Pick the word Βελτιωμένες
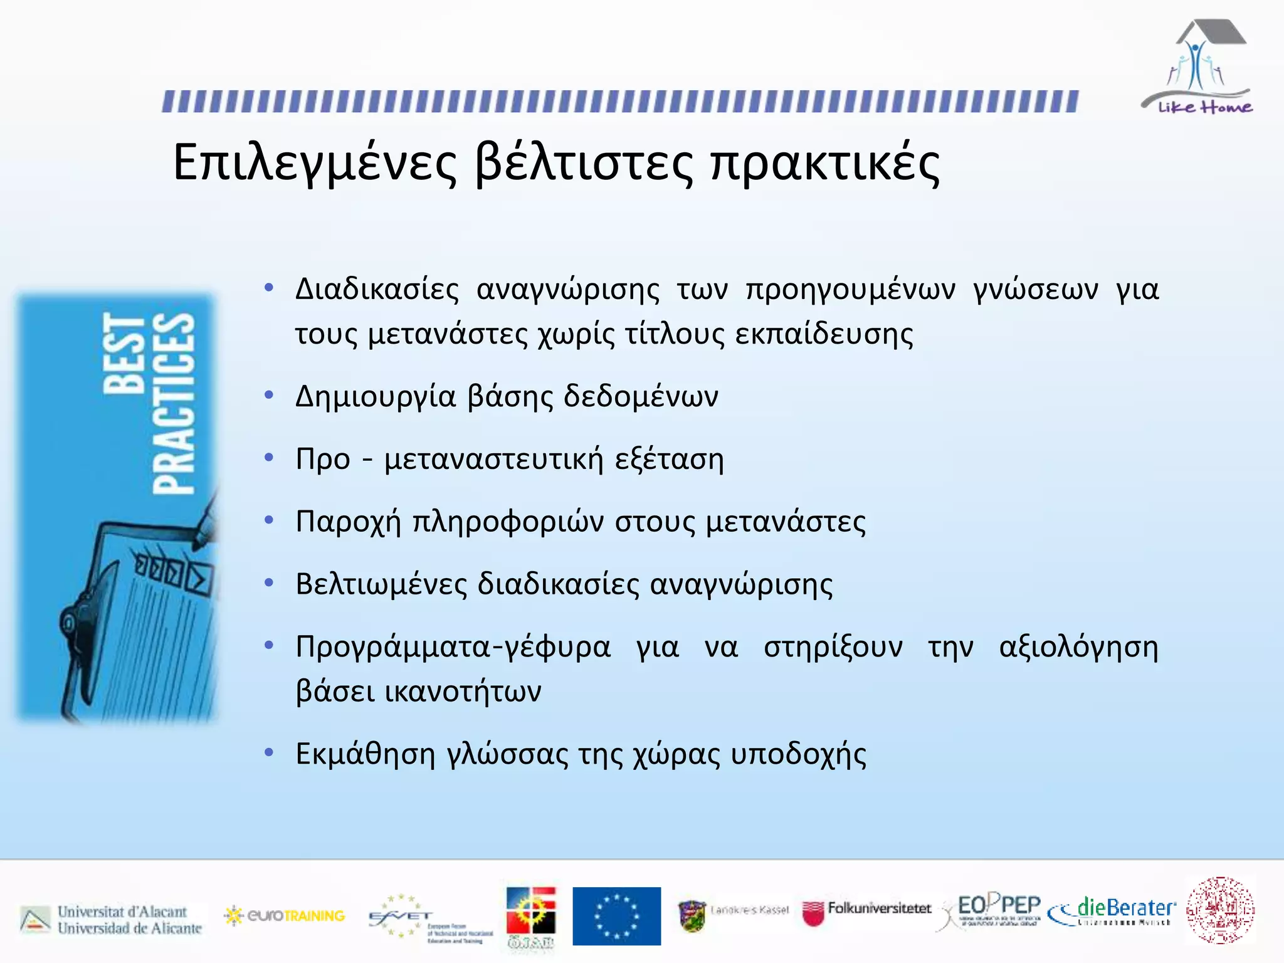381,584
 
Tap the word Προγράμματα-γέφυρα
453,648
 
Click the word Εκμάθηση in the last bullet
365,754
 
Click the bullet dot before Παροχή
269,520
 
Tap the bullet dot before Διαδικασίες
269,288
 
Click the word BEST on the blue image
124,354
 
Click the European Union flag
616,915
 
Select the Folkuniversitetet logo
867,912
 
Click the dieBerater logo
1112,910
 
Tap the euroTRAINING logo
285,916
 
